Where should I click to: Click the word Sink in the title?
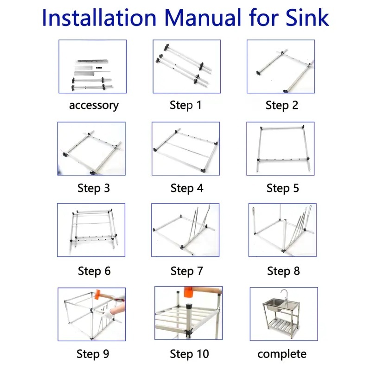tap(307, 18)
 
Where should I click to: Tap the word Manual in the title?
tap(203, 18)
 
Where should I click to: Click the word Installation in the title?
tap(99, 18)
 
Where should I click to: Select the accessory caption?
tap(94, 106)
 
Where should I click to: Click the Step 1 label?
tap(186, 105)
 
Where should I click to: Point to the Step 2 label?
tap(282, 105)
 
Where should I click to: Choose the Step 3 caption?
tap(94, 188)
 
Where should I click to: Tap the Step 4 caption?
tap(187, 188)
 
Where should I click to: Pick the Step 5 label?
tap(283, 188)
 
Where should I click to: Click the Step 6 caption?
tap(94, 271)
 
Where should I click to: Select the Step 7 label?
tap(187, 271)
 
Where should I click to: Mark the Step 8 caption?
tap(283, 271)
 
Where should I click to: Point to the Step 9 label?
tap(93, 354)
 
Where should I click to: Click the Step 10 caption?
tap(189, 354)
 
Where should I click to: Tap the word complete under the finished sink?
tap(282, 354)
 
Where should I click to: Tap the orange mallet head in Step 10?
tap(189, 292)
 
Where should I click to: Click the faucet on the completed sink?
tap(285, 297)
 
